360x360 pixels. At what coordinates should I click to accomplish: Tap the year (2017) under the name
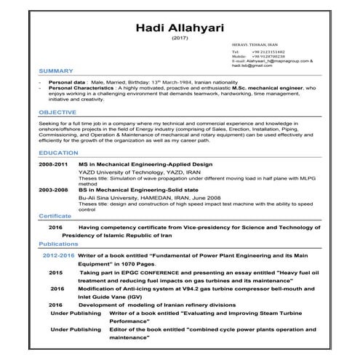click(x=179, y=38)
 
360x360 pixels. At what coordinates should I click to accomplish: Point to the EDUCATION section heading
click(x=58, y=153)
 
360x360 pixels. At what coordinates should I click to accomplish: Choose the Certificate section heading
click(x=55, y=216)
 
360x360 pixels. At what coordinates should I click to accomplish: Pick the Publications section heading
click(x=58, y=244)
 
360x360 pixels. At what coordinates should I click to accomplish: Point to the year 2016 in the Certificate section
click(x=56, y=227)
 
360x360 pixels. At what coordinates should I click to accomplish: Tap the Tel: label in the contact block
click(x=235, y=52)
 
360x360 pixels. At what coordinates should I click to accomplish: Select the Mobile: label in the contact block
click(x=237, y=57)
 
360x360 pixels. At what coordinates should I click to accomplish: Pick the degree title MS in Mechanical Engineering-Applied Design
click(x=137, y=165)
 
